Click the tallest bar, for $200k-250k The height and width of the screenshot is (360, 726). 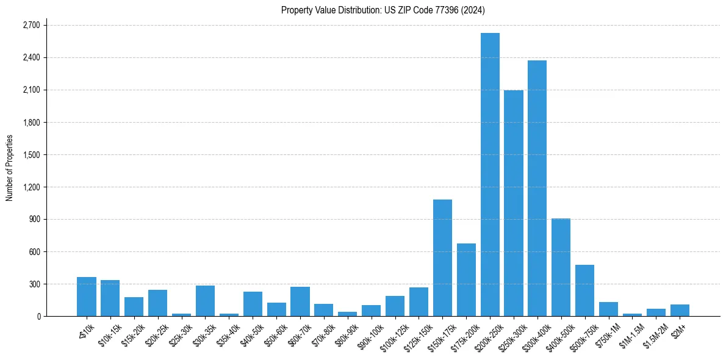(490, 175)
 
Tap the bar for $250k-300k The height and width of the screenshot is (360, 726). (514, 203)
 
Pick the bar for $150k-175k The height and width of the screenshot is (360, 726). (442, 257)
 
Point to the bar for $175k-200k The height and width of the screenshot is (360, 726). (466, 279)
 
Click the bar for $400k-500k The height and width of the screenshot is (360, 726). (561, 267)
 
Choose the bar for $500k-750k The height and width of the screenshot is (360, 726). (584, 290)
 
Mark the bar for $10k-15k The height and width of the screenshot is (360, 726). (110, 298)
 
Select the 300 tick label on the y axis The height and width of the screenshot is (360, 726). (34, 284)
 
